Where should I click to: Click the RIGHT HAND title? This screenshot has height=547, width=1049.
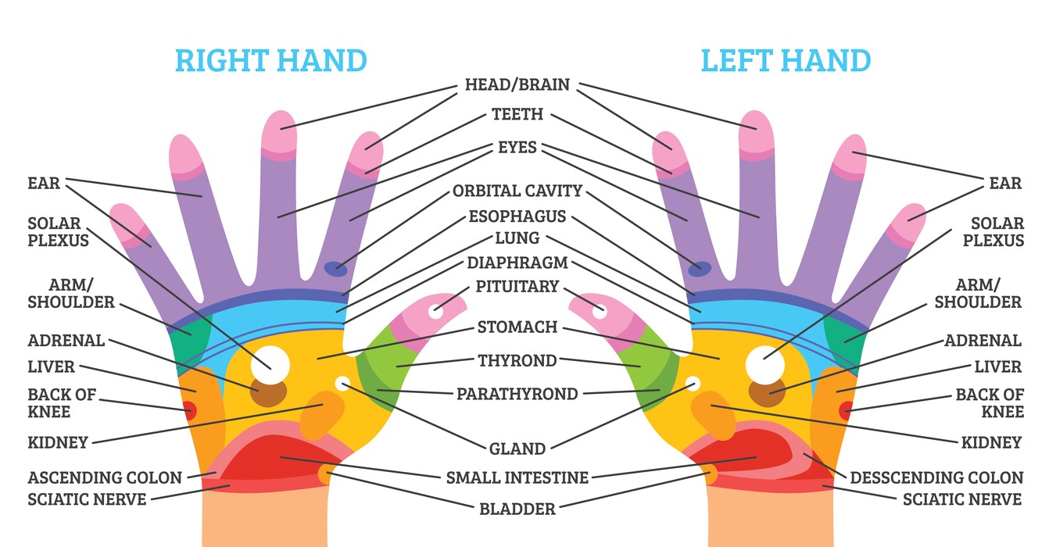click(271, 61)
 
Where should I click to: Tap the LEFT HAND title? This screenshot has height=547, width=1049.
click(786, 61)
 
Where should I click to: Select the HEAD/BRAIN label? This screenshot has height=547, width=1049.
click(517, 84)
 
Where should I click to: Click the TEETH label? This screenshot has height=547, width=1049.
click(517, 114)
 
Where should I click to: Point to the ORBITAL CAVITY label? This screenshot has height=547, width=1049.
click(517, 191)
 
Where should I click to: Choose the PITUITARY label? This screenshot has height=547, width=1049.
click(517, 286)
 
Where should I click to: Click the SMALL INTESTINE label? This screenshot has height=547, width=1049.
click(517, 477)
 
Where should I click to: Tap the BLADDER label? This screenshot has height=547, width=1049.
click(517, 509)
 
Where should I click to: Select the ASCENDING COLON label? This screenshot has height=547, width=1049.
click(105, 477)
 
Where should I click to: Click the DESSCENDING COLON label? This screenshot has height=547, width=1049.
click(936, 477)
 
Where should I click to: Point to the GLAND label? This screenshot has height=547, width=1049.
click(517, 449)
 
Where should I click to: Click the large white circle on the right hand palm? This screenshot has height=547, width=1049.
click(270, 365)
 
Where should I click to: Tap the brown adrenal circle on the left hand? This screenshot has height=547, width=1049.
click(767, 392)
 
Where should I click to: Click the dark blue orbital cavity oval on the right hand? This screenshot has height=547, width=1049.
click(336, 269)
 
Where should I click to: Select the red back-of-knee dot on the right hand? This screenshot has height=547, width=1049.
click(190, 411)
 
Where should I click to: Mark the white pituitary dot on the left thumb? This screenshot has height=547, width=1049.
click(600, 312)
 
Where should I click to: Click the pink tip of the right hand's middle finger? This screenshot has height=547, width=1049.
click(279, 134)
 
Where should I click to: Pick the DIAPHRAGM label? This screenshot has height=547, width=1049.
click(517, 263)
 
